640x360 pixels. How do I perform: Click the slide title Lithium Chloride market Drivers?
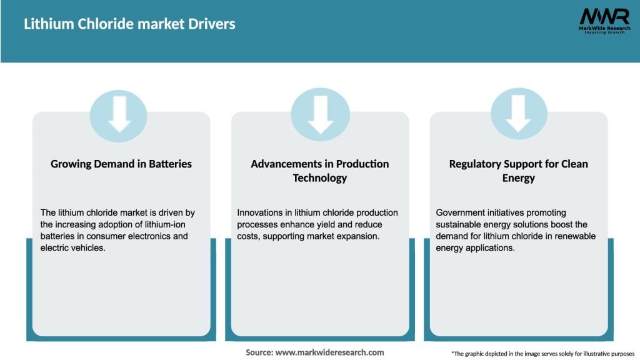click(129, 24)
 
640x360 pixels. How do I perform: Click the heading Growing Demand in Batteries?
click(121, 164)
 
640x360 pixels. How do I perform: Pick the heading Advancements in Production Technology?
click(320, 171)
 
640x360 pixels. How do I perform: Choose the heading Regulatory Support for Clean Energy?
click(518, 171)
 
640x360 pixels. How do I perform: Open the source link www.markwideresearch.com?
click(329, 352)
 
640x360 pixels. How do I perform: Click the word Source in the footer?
click(259, 352)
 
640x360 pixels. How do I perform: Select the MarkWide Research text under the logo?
click(604, 28)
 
